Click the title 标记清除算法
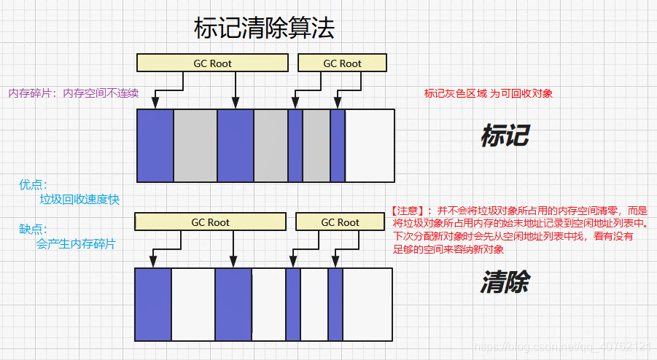(265, 28)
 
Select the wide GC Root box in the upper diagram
(211, 63)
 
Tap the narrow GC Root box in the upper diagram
(342, 63)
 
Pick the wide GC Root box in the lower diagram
(210, 222)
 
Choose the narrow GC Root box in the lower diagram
(340, 222)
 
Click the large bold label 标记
(505, 136)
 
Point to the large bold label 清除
(505, 283)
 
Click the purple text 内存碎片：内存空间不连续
(73, 93)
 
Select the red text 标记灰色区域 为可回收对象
(489, 93)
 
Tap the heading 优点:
(34, 185)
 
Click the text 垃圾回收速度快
(79, 200)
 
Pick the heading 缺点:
(34, 229)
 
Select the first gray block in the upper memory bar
(195, 145)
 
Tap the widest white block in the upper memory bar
(370, 145)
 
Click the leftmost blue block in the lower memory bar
(153, 304)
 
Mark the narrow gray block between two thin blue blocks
(316, 145)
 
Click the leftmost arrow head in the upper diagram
(158, 104)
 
